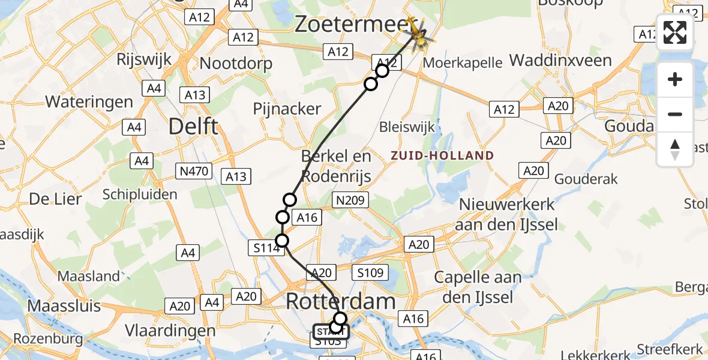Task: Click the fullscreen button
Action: (x=675, y=32)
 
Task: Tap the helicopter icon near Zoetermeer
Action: (x=419, y=33)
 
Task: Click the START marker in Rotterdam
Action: (x=329, y=331)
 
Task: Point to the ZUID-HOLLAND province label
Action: (x=442, y=155)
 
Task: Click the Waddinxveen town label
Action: (x=560, y=61)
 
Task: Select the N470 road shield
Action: (x=194, y=172)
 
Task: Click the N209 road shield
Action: (x=351, y=200)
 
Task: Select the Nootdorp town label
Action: (x=236, y=63)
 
